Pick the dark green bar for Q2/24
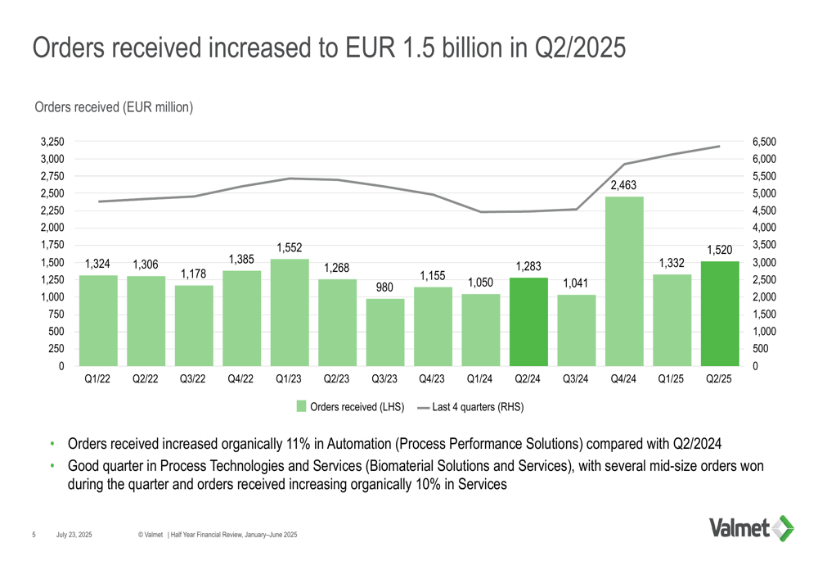click(528, 322)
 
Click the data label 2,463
click(624, 186)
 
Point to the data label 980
click(384, 288)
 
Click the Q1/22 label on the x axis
click(97, 378)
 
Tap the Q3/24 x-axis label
click(576, 378)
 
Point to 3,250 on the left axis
click(53, 142)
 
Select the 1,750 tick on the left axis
click(53, 245)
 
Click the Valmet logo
click(750, 528)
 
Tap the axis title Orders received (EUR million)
click(114, 106)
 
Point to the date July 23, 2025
click(74, 535)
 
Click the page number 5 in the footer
click(34, 535)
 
